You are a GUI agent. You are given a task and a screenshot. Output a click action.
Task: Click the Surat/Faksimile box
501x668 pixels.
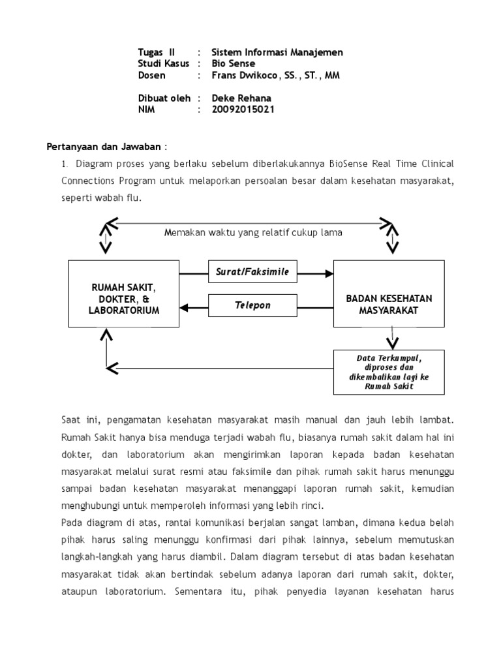(x=252, y=271)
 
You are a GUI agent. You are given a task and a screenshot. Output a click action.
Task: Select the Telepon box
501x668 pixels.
(x=252, y=305)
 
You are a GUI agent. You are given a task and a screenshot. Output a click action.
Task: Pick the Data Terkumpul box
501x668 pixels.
(x=389, y=372)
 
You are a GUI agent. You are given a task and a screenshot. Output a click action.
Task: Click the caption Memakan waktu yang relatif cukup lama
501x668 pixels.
(x=254, y=232)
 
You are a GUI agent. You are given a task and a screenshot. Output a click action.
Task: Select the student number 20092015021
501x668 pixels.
(x=243, y=110)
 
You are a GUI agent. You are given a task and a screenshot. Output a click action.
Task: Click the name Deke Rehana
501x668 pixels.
(x=241, y=98)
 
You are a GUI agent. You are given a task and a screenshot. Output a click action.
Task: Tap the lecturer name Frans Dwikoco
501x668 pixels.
(x=244, y=75)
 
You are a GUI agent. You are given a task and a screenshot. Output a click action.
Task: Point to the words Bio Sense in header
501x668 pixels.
(x=233, y=64)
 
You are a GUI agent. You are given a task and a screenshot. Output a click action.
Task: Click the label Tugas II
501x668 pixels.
(x=157, y=52)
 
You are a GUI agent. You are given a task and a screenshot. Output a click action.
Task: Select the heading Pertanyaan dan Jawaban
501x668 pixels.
(x=103, y=145)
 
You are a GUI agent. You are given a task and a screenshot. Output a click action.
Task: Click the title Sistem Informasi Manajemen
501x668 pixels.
(x=277, y=52)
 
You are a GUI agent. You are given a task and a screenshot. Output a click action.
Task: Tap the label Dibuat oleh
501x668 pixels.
(x=164, y=98)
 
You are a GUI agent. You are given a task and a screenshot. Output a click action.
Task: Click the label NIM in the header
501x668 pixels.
(x=147, y=110)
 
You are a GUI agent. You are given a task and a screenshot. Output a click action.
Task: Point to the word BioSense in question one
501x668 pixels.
(x=347, y=163)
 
